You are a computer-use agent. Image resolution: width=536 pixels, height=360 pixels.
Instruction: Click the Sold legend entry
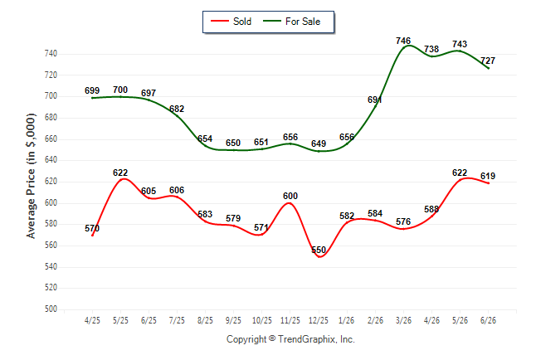(231, 22)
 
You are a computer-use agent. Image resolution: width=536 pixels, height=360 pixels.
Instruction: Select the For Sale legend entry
(291, 22)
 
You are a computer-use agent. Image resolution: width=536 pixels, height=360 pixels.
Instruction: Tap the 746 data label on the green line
(403, 41)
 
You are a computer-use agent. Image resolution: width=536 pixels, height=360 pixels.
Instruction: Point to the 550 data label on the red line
(319, 250)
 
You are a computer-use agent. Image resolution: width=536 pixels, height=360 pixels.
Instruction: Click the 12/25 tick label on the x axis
(319, 320)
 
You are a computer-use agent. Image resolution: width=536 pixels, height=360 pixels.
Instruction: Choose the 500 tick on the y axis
(51, 309)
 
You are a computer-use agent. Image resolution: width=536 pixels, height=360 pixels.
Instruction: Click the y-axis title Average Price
(31, 176)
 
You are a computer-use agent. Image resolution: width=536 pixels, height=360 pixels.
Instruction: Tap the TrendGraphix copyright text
(290, 339)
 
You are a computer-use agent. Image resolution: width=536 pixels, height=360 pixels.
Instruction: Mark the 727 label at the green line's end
(488, 61)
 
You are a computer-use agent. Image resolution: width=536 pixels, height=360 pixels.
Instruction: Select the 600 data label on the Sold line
(290, 196)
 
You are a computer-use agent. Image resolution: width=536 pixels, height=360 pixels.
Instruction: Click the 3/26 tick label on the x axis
(403, 320)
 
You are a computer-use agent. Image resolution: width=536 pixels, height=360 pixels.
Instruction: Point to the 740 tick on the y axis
(51, 54)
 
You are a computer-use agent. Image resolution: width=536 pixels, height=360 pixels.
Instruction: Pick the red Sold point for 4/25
(92, 236)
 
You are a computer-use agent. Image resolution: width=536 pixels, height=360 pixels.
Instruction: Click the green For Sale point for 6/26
(488, 68)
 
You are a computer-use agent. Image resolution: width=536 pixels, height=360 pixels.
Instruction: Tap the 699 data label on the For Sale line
(92, 90)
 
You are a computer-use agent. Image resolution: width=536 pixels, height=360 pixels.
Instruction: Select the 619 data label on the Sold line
(488, 176)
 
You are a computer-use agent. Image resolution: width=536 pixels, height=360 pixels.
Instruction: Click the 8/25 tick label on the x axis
(205, 320)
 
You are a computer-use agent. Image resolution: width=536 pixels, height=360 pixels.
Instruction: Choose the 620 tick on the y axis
(51, 181)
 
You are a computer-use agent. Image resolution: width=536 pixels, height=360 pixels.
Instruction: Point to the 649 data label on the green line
(319, 144)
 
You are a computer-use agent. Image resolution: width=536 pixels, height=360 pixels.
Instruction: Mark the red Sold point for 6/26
(488, 183)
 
